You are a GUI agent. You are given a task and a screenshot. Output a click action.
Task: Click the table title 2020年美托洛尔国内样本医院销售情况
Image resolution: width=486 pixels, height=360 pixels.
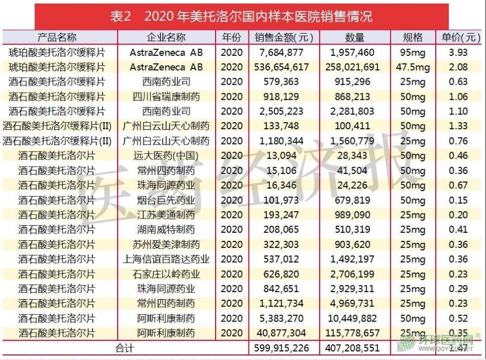point(241,16)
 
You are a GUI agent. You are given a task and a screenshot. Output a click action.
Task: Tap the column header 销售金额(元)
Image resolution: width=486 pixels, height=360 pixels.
point(284,38)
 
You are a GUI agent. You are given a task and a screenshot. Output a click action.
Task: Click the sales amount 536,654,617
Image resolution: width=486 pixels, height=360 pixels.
point(284,67)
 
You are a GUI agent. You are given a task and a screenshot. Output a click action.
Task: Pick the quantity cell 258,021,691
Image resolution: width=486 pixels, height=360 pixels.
point(355,67)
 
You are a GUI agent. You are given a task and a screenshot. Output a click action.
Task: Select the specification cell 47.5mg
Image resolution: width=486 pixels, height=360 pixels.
point(412,67)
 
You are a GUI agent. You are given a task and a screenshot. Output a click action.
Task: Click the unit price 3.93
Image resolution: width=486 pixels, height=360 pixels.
point(458,52)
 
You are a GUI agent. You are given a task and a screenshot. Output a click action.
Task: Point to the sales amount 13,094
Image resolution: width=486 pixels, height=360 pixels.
point(284,156)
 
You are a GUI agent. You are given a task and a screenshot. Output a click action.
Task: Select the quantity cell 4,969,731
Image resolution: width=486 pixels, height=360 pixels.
point(355,304)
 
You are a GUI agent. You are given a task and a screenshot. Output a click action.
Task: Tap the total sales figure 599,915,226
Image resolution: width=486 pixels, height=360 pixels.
point(284,348)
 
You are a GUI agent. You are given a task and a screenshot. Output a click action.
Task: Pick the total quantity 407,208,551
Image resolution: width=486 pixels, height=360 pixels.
point(355,348)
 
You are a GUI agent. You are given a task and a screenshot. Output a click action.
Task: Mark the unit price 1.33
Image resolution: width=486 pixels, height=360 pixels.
point(458,126)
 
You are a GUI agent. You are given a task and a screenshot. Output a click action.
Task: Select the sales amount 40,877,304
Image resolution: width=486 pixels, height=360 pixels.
point(284,333)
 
